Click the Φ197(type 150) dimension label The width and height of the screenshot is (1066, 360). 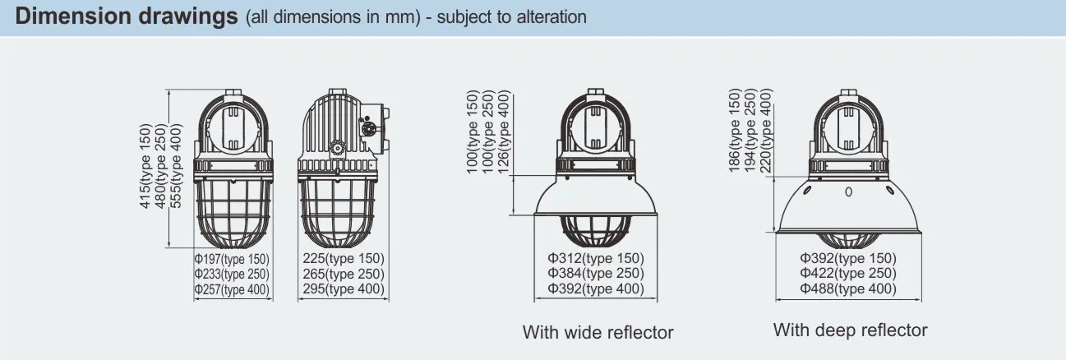(x=232, y=259)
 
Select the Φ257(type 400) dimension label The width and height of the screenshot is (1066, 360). (x=232, y=289)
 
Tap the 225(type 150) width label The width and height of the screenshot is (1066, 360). (x=344, y=259)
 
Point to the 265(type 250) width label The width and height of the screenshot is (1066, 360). (x=344, y=274)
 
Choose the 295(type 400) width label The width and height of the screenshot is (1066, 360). (x=344, y=289)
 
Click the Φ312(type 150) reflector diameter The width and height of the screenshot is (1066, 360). (x=596, y=258)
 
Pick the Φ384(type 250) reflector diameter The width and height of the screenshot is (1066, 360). (x=596, y=274)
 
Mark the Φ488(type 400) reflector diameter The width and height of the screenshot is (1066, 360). (x=848, y=288)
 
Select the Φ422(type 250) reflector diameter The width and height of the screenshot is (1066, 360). (x=848, y=274)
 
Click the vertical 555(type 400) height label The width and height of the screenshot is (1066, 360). (x=176, y=166)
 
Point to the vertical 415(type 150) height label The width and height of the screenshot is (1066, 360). (x=145, y=166)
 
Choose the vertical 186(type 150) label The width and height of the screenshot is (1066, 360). (x=735, y=130)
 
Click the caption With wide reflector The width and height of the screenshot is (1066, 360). (x=598, y=332)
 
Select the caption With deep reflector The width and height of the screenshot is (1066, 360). (x=851, y=330)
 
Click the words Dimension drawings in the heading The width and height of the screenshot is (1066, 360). (x=127, y=16)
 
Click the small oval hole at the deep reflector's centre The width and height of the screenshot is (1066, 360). (x=848, y=192)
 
